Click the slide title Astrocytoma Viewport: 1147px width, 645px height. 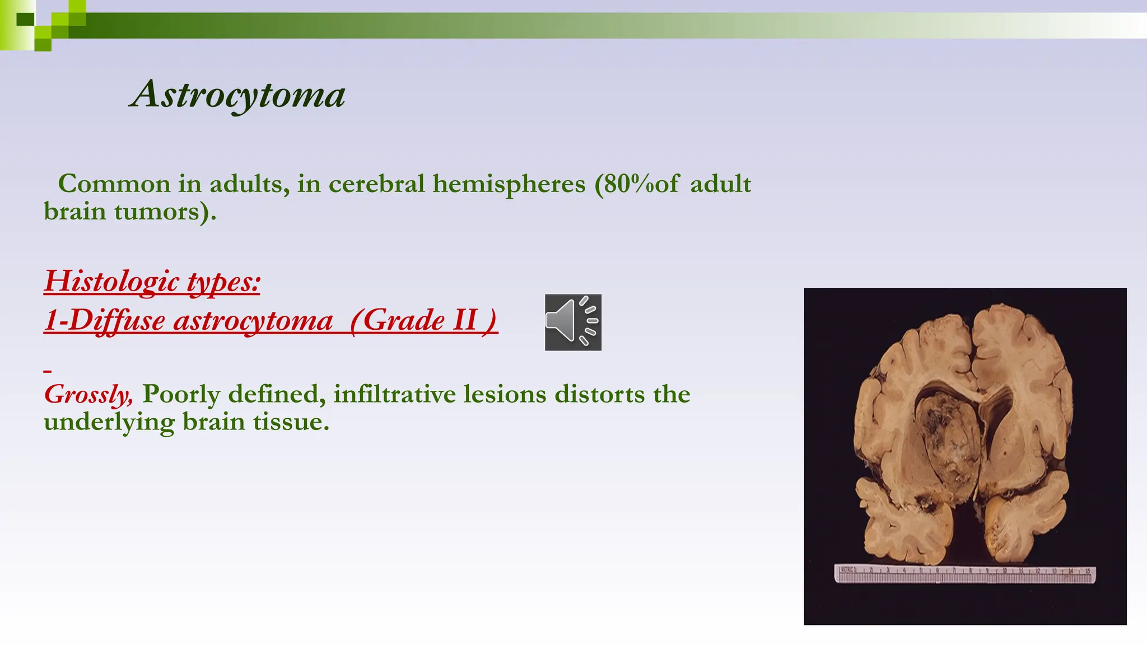(x=237, y=94)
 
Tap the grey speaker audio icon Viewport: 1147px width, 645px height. (x=573, y=322)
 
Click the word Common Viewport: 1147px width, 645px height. (x=114, y=184)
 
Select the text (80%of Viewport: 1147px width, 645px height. (x=637, y=184)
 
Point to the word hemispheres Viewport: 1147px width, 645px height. (x=509, y=184)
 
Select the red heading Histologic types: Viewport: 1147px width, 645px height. (x=152, y=281)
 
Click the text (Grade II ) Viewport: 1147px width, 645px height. (x=423, y=320)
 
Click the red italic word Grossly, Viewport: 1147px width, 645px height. (x=88, y=395)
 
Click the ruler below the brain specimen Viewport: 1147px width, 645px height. (x=964, y=574)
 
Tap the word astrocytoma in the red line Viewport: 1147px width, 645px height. (x=253, y=320)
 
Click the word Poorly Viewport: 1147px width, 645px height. (x=181, y=394)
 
